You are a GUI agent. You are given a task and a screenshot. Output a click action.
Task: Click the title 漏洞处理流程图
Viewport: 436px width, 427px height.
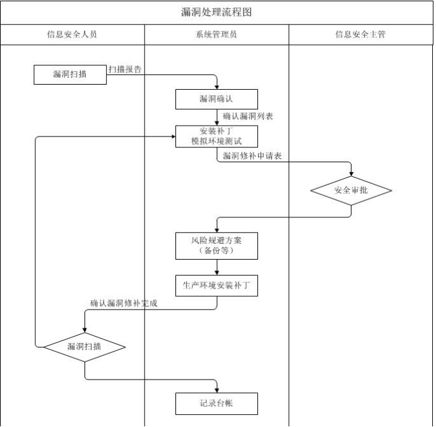click(216, 12)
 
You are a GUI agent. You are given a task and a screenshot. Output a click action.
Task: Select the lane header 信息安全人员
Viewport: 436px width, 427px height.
click(72, 35)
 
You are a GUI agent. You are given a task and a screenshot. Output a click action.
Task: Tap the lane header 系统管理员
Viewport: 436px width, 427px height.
click(216, 35)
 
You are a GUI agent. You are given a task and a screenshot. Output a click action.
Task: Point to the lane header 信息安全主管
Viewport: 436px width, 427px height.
click(360, 35)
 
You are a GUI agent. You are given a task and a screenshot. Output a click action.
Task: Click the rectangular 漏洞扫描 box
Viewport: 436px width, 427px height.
click(70, 74)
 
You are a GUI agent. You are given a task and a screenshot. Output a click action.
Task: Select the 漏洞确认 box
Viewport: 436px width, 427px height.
click(216, 99)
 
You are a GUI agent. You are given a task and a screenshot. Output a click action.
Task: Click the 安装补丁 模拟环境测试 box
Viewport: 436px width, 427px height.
click(216, 137)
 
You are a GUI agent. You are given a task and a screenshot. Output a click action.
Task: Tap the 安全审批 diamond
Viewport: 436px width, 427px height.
click(351, 191)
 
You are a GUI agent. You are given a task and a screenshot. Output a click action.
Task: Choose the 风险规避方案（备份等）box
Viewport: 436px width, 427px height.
click(216, 246)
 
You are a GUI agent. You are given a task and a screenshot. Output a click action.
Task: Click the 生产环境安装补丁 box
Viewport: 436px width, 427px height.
click(216, 286)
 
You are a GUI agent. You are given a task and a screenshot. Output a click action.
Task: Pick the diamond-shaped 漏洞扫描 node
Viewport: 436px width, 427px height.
click(85, 347)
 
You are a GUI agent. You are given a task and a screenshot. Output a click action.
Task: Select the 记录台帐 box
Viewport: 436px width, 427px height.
click(216, 404)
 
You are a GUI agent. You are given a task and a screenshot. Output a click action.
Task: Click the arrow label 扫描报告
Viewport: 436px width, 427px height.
click(125, 69)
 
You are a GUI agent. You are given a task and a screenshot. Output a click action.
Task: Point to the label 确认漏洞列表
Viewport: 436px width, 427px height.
click(248, 117)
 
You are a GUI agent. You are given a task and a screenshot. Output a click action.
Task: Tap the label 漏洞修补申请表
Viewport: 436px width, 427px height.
click(252, 156)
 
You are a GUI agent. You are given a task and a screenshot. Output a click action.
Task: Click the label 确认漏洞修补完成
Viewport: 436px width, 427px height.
click(124, 303)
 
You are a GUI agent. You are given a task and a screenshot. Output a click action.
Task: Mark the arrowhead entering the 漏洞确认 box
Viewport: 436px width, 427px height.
click(217, 87)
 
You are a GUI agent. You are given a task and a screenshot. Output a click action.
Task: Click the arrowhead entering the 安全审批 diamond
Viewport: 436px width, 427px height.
click(351, 174)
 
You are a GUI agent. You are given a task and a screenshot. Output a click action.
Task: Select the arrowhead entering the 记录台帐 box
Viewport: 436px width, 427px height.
click(217, 390)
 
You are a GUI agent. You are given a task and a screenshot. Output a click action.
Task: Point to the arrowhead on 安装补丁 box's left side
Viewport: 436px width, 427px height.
click(174, 137)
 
